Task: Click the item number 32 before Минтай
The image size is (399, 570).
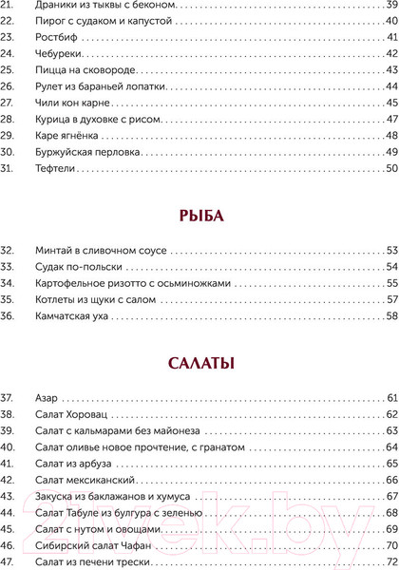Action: pos(9,250)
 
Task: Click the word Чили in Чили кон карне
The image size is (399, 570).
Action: pos(44,103)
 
